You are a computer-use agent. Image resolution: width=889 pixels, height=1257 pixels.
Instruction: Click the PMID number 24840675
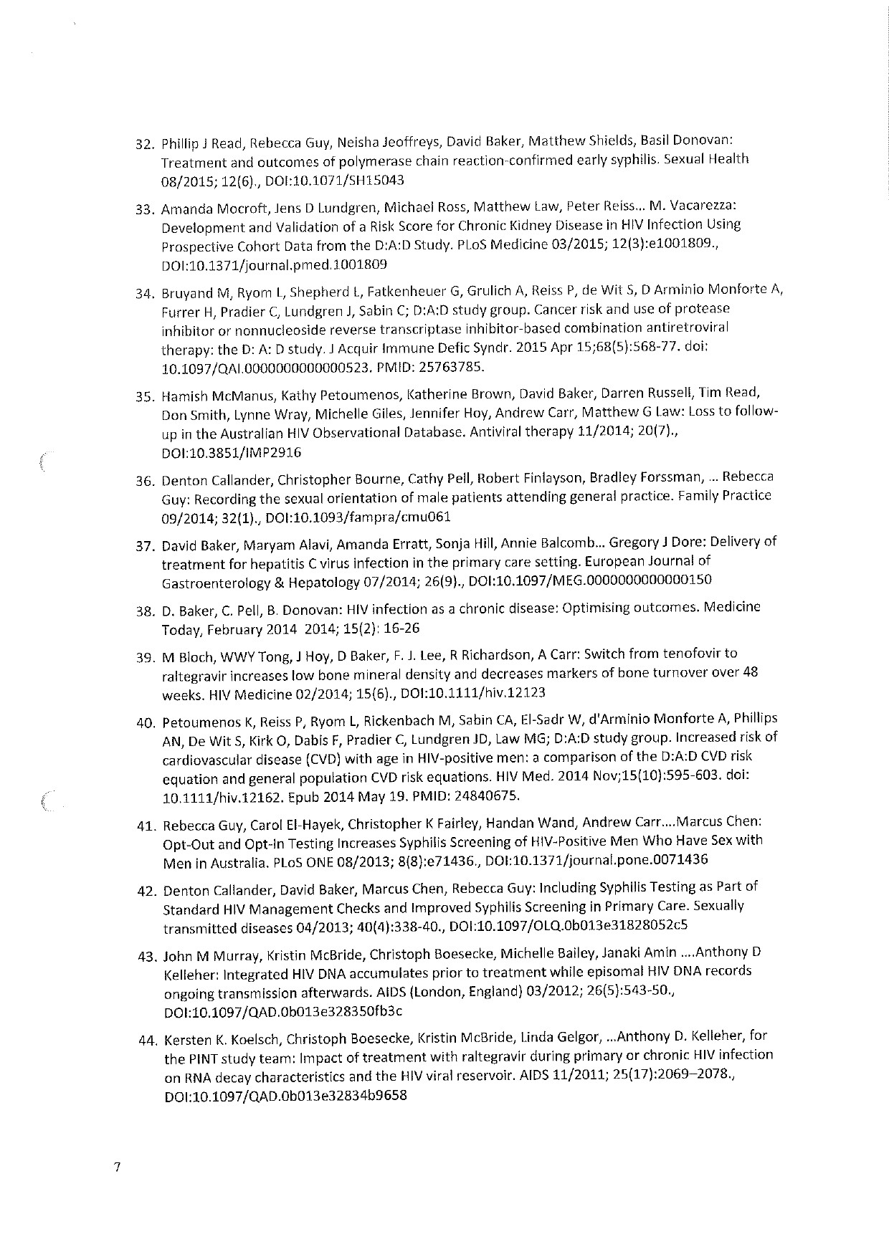point(488,796)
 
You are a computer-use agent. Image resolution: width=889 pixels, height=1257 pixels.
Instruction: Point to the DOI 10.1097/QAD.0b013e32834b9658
point(285,1096)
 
